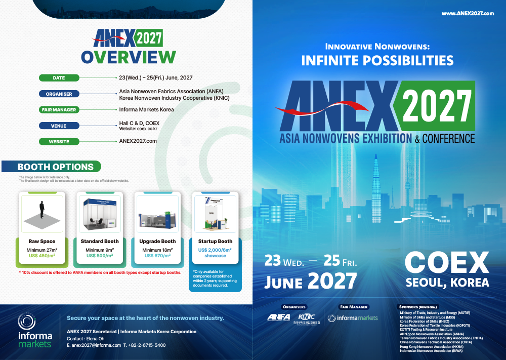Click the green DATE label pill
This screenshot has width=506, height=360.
[59, 78]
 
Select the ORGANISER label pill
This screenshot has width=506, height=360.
[59, 94]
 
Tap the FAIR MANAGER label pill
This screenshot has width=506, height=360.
[59, 109]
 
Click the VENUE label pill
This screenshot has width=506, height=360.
[59, 126]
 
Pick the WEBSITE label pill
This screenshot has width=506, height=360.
[59, 141]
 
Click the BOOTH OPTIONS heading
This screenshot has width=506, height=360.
[55, 167]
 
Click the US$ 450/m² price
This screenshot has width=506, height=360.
[41, 256]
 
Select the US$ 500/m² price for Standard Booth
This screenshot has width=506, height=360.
[100, 256]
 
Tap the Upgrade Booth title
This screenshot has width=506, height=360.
[157, 242]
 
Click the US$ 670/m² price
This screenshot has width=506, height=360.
[157, 256]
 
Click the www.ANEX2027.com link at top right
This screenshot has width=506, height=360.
[467, 13]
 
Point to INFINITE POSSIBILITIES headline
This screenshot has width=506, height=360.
[377, 61]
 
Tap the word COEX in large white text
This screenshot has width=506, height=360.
[447, 263]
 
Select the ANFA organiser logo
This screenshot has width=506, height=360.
[279, 317]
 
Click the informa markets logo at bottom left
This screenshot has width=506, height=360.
[35, 331]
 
